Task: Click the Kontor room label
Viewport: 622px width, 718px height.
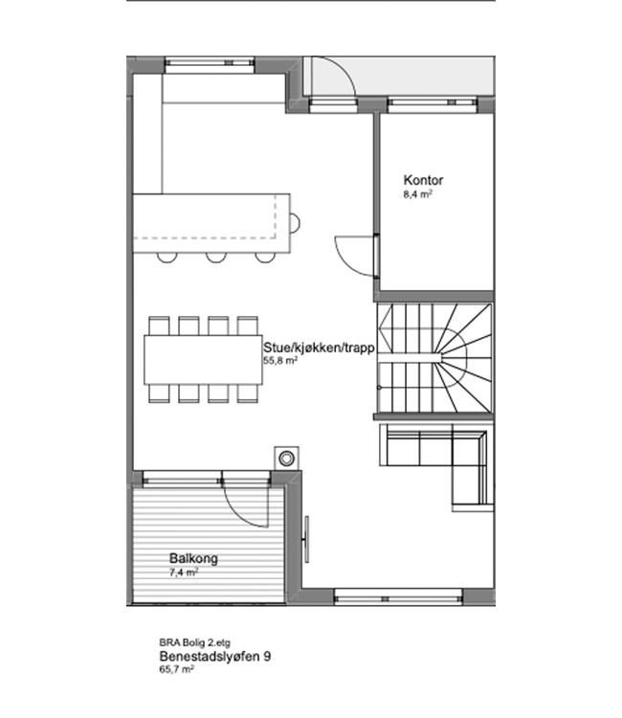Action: coord(423,180)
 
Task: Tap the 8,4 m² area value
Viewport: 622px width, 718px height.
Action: coord(418,194)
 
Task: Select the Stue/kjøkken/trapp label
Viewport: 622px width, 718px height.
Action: coord(319,348)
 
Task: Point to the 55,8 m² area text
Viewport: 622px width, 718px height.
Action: coord(280,360)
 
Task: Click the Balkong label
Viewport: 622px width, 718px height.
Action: coord(193,559)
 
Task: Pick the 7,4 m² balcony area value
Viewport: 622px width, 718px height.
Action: coord(184,572)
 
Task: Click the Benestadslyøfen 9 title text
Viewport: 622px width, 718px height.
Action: coord(214,656)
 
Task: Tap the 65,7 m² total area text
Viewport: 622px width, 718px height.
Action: coord(176,669)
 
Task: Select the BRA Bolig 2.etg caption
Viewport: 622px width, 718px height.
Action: coord(194,643)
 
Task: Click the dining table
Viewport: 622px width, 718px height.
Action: coord(203,360)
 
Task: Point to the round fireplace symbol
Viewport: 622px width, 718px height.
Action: coord(287,458)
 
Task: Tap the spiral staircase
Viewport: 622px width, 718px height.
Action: coord(433,358)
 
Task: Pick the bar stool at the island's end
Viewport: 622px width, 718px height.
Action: coord(295,224)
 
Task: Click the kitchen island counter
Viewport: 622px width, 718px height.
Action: coord(211,223)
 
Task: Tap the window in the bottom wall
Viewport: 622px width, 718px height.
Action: coord(398,597)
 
